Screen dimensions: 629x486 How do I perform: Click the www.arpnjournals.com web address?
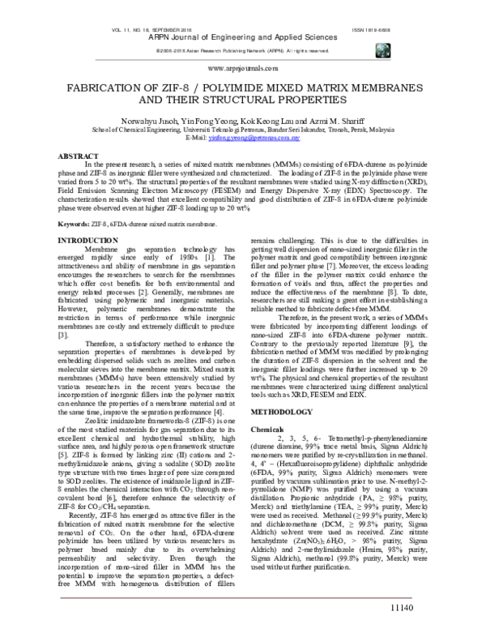(242, 71)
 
